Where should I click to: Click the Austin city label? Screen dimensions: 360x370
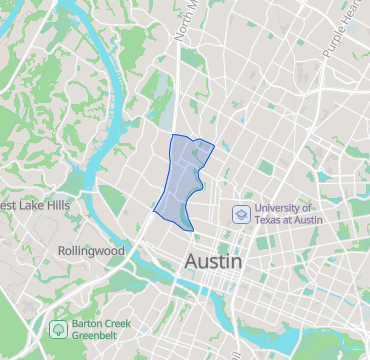click(214, 261)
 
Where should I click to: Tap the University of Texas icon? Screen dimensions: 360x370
click(240, 213)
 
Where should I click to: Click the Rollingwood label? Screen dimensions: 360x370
click(89, 250)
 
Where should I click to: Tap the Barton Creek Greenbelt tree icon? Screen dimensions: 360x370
click(60, 328)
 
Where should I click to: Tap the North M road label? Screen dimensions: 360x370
click(186, 20)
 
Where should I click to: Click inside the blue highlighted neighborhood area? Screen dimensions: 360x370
click(180, 185)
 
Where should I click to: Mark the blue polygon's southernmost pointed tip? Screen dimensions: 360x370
click(193, 231)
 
